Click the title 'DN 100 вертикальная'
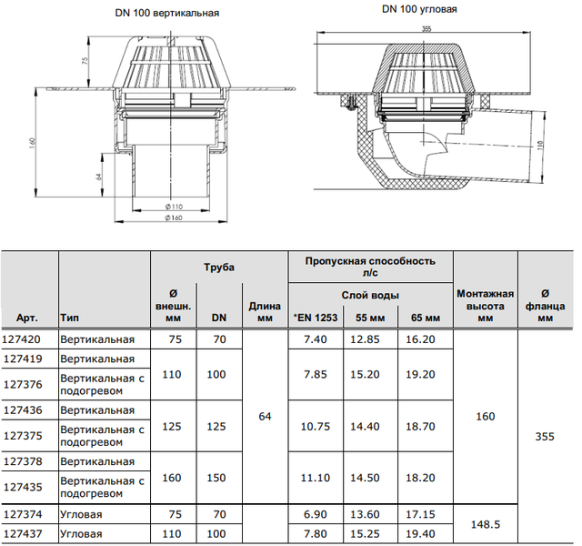pyautogui.click(x=167, y=13)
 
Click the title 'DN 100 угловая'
pyautogui.click(x=419, y=9)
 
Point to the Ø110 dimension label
pyautogui.click(x=174, y=207)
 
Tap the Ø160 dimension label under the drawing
pyautogui.click(x=174, y=217)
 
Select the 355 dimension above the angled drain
pyautogui.click(x=426, y=28)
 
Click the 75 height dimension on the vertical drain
pyautogui.click(x=85, y=61)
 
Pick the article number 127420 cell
pyautogui.click(x=22, y=339)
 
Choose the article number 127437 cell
pyautogui.click(x=23, y=534)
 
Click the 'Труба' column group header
pyautogui.click(x=219, y=268)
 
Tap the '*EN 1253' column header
pyautogui.click(x=316, y=318)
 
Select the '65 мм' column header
pyautogui.click(x=426, y=318)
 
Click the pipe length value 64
pyautogui.click(x=265, y=417)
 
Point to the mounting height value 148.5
pyautogui.click(x=486, y=524)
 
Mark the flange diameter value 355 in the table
pyautogui.click(x=545, y=437)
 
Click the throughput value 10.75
pyautogui.click(x=316, y=426)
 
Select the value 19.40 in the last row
pyautogui.click(x=420, y=534)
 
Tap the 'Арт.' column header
pyautogui.click(x=26, y=318)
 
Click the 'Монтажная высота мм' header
pyautogui.click(x=485, y=306)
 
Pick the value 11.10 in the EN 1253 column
pyautogui.click(x=316, y=477)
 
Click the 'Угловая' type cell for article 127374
pyautogui.click(x=81, y=514)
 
